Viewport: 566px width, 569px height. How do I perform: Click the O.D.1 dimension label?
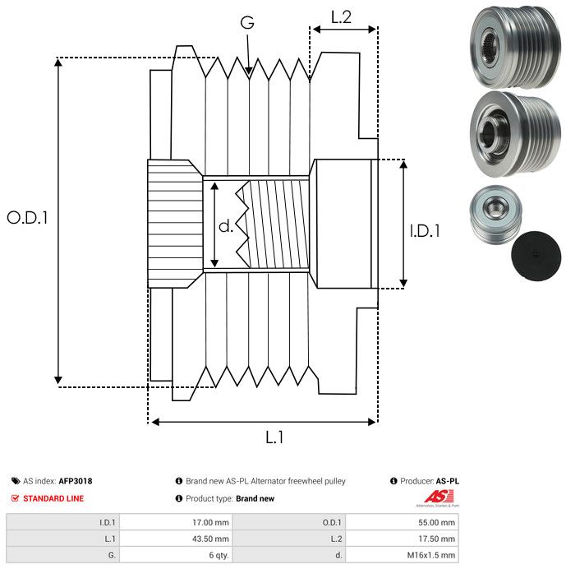coord(28,218)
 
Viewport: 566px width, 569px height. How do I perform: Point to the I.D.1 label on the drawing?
coord(425,231)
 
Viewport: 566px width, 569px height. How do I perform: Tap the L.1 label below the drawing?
coord(274,438)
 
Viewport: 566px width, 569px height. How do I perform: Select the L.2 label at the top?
coord(341,16)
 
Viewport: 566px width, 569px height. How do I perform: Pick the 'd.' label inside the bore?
coord(226,225)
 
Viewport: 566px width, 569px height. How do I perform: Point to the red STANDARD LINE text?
coord(53,498)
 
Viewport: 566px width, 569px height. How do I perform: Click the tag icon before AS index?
coord(16,481)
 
